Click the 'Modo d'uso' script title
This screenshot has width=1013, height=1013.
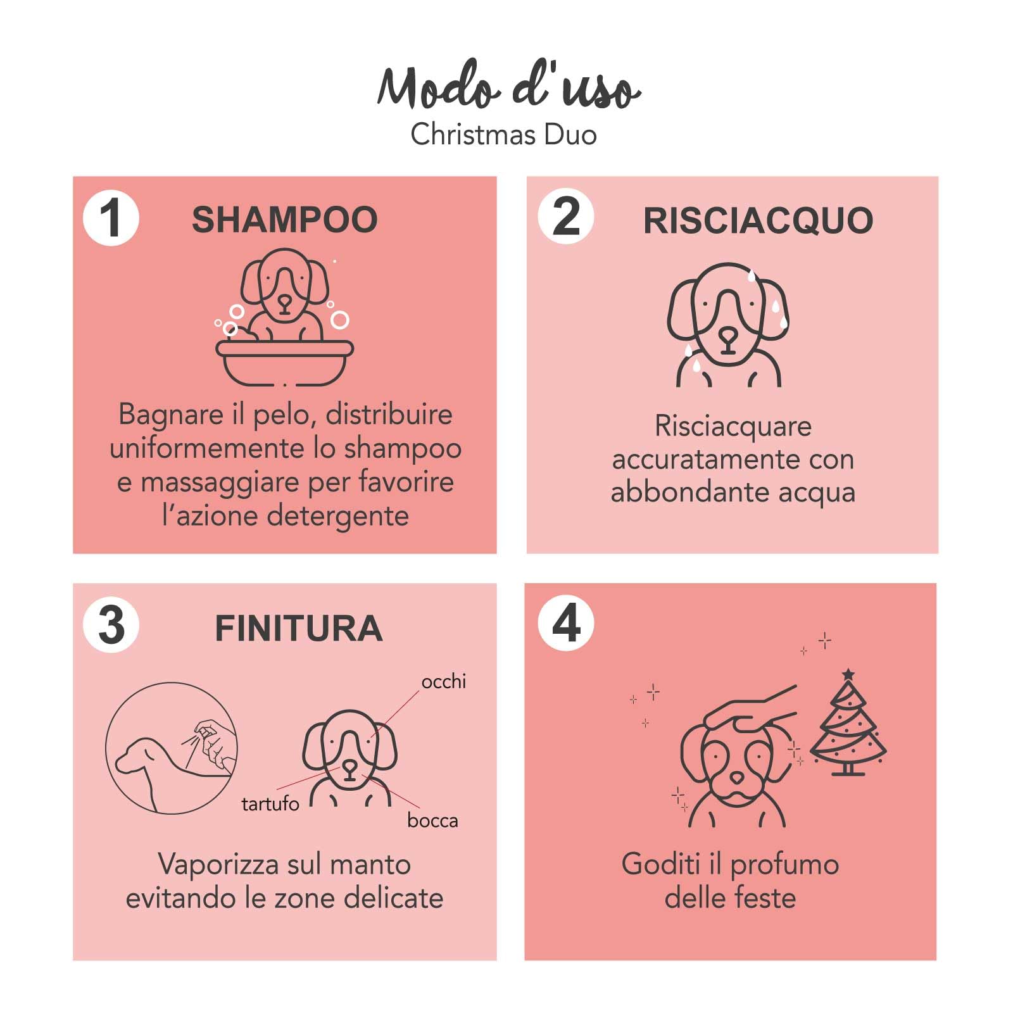[x=508, y=89]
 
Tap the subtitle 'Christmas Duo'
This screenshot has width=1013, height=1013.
[x=503, y=135]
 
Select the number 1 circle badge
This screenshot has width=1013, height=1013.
[x=111, y=218]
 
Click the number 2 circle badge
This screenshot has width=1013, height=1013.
[x=565, y=217]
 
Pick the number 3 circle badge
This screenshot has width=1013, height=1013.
[x=111, y=625]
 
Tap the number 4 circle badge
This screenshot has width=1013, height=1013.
[x=565, y=623]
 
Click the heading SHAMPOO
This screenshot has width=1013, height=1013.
[x=285, y=220]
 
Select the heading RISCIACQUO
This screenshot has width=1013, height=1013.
[x=758, y=220]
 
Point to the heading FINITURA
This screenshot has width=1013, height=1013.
[x=298, y=628]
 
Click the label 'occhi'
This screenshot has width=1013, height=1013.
[x=443, y=682]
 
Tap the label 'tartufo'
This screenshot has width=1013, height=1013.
[x=270, y=804]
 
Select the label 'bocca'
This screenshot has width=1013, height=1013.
[x=432, y=821]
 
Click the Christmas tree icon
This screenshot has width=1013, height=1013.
[x=848, y=728]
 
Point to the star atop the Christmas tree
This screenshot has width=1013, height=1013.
[x=848, y=675]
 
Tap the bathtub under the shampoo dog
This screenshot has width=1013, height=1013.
[x=284, y=362]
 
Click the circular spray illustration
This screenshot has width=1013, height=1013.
[x=171, y=748]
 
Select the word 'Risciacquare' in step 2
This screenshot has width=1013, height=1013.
[x=733, y=426]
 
